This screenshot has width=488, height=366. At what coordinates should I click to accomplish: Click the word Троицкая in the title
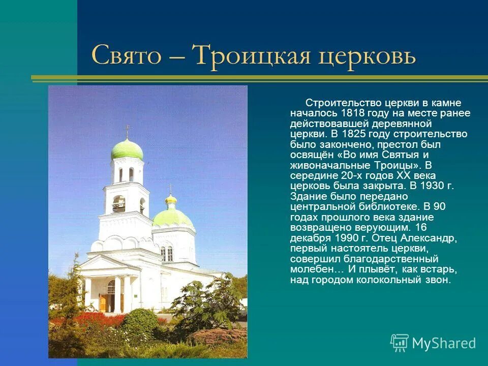point(252,55)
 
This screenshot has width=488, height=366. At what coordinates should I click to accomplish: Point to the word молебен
point(312,269)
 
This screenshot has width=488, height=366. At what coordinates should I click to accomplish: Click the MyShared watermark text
point(444,343)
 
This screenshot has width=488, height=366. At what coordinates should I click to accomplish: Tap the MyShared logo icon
point(400,343)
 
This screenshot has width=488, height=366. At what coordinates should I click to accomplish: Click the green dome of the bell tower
point(127,149)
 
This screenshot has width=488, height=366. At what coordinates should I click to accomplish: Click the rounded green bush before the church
point(139,321)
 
